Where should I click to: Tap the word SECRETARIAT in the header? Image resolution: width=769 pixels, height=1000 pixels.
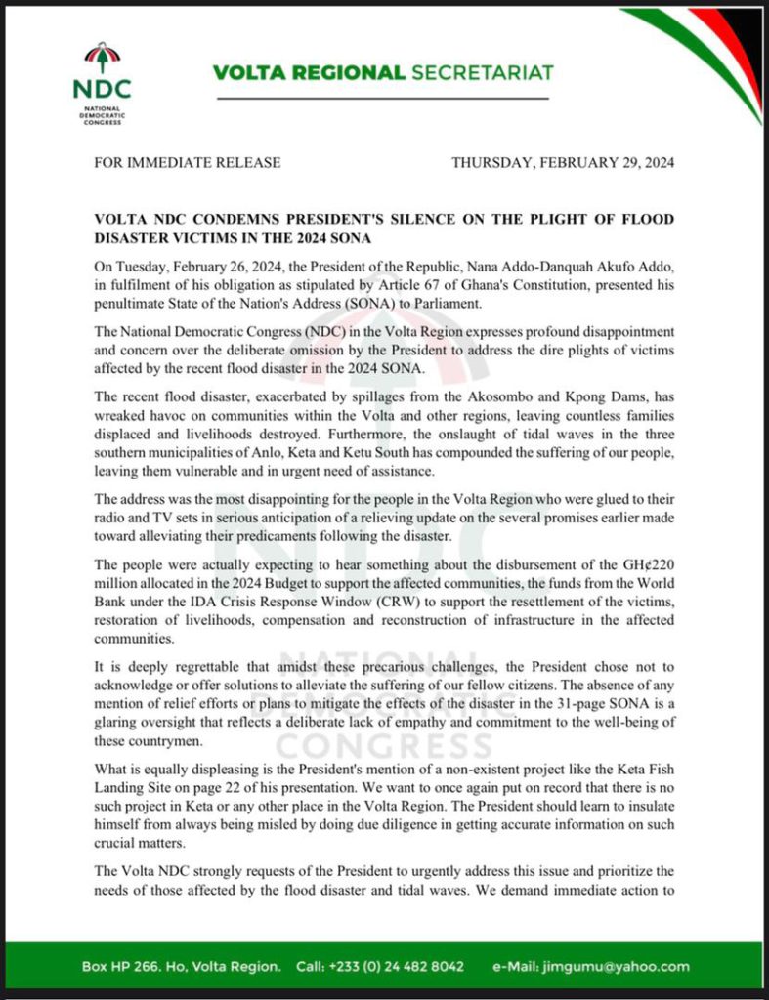[481, 73]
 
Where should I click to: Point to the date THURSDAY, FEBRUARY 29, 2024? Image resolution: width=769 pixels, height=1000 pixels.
[563, 162]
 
